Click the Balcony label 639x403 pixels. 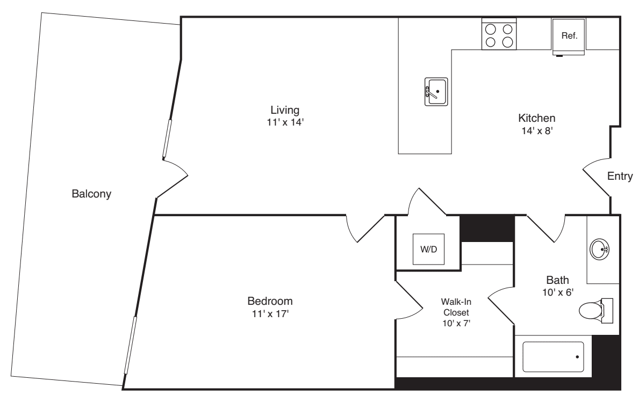(x=91, y=194)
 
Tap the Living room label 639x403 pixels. (x=284, y=110)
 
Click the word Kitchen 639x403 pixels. (x=536, y=118)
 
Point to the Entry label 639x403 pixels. (x=620, y=176)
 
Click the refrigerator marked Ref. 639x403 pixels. (x=569, y=36)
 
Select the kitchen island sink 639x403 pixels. (x=436, y=92)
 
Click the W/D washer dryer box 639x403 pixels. (x=428, y=250)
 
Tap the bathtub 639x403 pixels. (x=553, y=357)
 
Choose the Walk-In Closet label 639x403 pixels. (x=455, y=306)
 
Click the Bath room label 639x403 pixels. (x=557, y=280)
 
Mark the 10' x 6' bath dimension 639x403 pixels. (x=557, y=292)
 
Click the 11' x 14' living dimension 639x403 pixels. (x=284, y=122)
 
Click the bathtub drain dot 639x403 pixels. (x=577, y=357)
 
